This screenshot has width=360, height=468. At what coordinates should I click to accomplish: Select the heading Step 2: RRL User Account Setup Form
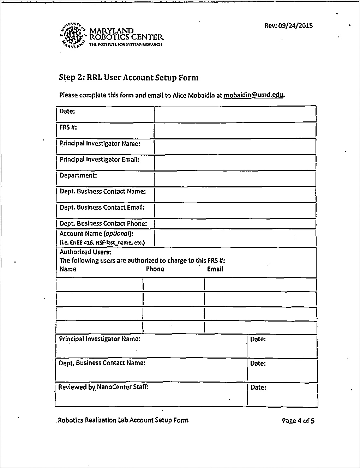pos(128,78)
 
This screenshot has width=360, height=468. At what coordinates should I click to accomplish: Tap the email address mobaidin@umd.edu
pos(253,95)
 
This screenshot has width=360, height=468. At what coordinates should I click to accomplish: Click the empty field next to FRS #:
pos(235,130)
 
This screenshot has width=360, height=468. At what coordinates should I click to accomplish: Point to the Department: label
pos(78,175)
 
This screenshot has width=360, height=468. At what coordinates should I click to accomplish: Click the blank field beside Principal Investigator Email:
pos(235,163)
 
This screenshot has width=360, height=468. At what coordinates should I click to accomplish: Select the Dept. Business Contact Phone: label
pos(103,223)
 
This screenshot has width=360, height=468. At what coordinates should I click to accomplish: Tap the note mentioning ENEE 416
pos(102,242)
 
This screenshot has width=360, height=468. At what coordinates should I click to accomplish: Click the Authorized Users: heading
pos(85,252)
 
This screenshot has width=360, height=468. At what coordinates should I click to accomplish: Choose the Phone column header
pos(155,269)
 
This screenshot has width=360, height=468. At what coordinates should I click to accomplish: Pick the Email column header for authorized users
pos(215,269)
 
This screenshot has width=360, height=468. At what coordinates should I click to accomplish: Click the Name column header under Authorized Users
pos(68,269)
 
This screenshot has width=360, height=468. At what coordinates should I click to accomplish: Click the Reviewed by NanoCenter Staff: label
pos(103,387)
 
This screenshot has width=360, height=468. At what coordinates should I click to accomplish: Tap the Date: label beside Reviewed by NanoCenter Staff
pos(258,388)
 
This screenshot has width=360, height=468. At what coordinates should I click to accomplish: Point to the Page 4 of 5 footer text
pos(298,421)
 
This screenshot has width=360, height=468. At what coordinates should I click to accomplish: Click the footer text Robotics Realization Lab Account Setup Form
pos(123,420)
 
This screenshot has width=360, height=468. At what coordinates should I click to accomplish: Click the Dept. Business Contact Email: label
pos(102,208)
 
